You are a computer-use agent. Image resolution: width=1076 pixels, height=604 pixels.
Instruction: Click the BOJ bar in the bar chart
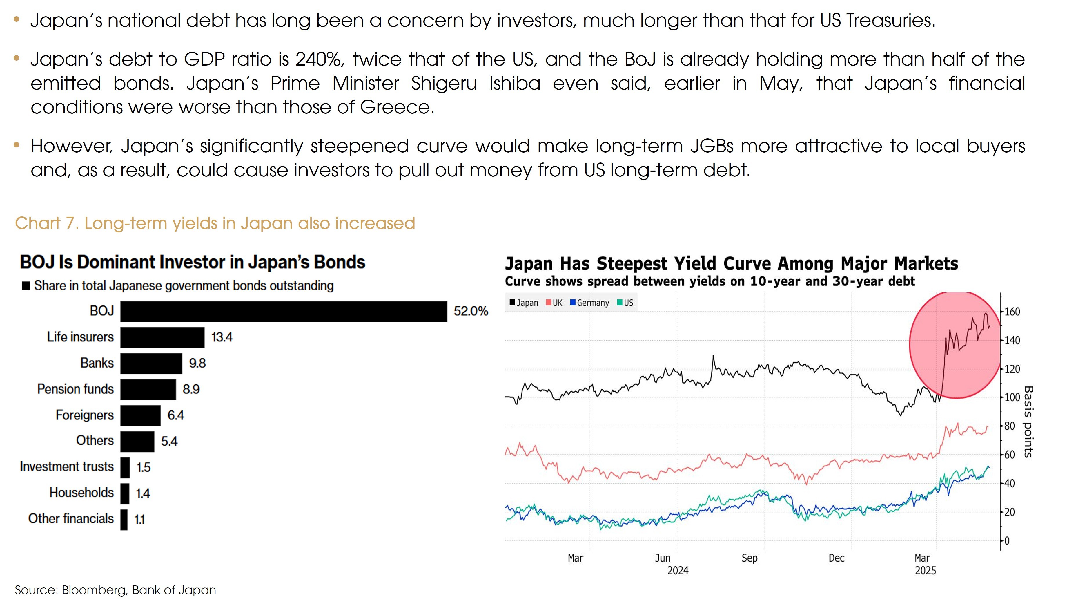[x=283, y=311]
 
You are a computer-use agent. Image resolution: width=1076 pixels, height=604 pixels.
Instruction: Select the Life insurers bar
[x=162, y=337]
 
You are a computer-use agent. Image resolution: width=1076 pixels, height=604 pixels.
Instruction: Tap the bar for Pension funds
[x=148, y=389]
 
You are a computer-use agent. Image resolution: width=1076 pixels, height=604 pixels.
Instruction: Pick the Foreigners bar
[x=140, y=415]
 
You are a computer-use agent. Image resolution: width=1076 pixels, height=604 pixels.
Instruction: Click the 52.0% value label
[x=471, y=311]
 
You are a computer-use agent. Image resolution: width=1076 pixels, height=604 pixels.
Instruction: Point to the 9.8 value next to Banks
[x=197, y=363]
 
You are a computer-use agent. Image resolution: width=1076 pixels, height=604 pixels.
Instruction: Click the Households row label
[x=81, y=493]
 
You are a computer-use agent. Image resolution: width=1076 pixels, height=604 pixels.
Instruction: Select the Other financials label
[x=71, y=519]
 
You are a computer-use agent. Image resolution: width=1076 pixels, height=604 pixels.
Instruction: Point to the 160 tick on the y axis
[x=1012, y=312]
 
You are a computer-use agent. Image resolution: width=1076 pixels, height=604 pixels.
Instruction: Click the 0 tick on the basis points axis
[x=1007, y=541]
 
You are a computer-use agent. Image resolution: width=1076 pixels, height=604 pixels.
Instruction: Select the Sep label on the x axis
[x=749, y=558]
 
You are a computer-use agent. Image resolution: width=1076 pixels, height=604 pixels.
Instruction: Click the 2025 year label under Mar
[x=925, y=571]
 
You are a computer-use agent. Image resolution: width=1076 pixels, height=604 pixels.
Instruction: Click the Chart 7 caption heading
[x=215, y=223]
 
